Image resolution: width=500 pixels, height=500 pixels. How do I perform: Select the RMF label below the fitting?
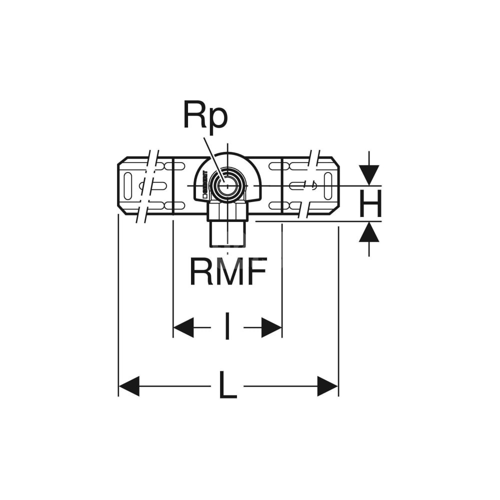coord(227,272)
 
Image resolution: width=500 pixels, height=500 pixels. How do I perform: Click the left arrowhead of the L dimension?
coord(129,386)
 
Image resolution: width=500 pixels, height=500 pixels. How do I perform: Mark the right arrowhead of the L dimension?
coord(328,386)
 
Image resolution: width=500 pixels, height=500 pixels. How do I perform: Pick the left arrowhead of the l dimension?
coord(183,327)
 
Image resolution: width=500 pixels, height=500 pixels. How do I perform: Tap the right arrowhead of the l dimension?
coord(271,327)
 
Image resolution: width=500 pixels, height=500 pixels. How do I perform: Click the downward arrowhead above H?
coord(369,174)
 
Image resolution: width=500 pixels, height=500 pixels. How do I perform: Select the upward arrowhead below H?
coord(369,233)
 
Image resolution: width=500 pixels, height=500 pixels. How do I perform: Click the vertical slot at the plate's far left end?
coord(127,185)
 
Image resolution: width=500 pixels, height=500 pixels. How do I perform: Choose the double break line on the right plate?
coord(309,185)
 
